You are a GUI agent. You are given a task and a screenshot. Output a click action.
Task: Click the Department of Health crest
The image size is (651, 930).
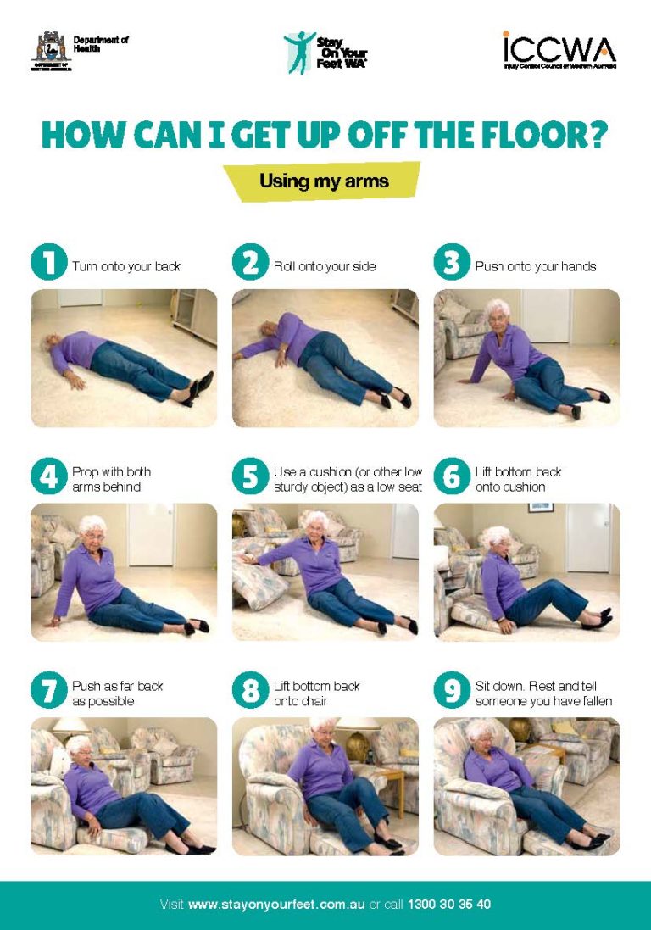(x=52, y=50)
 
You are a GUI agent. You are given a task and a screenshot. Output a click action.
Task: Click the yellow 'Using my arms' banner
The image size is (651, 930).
(x=323, y=181)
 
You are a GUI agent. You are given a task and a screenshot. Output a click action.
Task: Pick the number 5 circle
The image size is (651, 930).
(x=250, y=477)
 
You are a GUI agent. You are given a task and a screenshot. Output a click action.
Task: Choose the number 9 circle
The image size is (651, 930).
(x=452, y=691)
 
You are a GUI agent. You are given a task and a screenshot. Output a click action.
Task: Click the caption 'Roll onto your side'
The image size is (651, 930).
(x=324, y=266)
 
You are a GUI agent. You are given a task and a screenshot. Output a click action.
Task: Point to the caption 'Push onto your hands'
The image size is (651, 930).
(x=535, y=266)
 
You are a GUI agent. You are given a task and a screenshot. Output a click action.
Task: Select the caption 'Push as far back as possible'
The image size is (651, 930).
(x=117, y=693)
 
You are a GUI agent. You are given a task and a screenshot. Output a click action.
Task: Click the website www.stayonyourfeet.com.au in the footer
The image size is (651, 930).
(x=276, y=904)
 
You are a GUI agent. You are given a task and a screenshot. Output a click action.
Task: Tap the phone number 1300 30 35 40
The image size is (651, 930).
(x=448, y=904)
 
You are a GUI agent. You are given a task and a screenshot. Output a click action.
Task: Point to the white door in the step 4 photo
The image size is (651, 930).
(x=151, y=534)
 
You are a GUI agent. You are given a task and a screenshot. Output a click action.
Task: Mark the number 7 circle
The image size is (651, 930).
(x=48, y=691)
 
